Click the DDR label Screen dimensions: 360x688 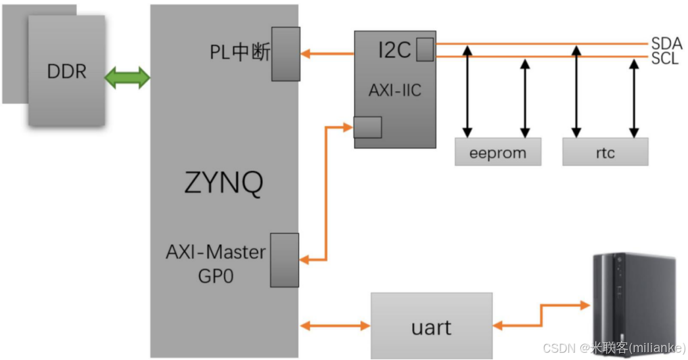(x=66, y=71)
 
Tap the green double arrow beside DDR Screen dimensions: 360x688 (x=127, y=78)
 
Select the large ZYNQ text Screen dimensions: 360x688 (x=223, y=183)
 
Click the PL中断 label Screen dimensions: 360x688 (x=240, y=53)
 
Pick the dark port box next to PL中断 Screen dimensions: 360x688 (x=286, y=53)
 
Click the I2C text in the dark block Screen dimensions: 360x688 (x=394, y=50)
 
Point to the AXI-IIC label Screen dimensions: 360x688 (x=394, y=91)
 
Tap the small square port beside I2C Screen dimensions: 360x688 (x=424, y=49)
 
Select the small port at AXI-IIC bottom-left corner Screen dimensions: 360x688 (x=367, y=127)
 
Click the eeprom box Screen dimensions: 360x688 (x=498, y=152)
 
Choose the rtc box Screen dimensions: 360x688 (x=605, y=152)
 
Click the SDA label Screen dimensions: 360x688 (x=666, y=44)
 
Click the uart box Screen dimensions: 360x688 (x=431, y=326)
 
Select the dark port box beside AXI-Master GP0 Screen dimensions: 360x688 (x=285, y=259)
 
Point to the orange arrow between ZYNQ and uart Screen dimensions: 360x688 (x=334, y=325)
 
